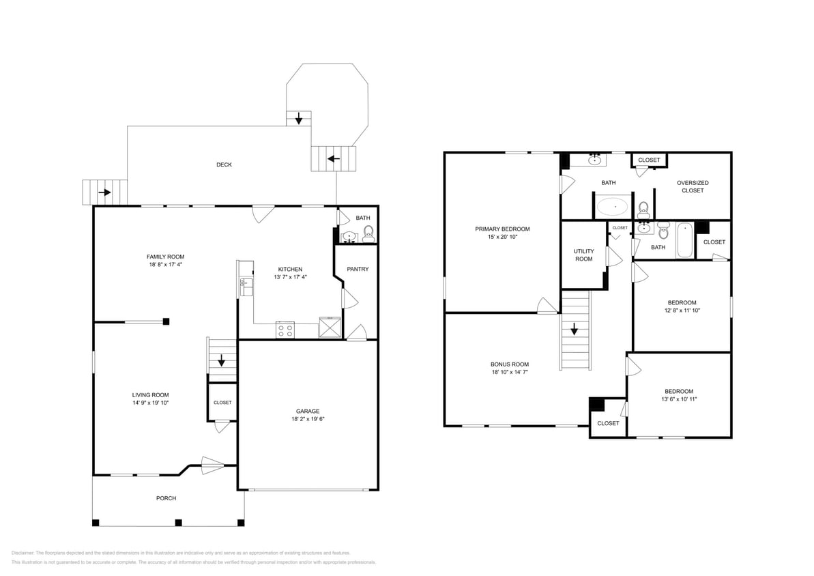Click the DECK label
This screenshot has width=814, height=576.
click(224, 164)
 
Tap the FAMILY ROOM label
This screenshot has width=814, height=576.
click(165, 257)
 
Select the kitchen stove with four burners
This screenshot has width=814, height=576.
click(285, 330)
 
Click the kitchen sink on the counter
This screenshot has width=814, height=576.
click(246, 287)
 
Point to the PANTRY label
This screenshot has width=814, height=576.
click(358, 269)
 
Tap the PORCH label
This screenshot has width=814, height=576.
click(166, 498)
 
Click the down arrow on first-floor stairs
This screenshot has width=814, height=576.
click(221, 360)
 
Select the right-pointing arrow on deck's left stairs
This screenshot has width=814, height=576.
click(104, 192)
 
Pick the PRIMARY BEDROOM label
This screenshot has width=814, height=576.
click(502, 229)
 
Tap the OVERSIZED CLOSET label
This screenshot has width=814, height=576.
click(693, 186)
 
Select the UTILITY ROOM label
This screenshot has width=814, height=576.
click(583, 255)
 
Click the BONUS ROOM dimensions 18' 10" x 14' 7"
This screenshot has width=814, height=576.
click(509, 372)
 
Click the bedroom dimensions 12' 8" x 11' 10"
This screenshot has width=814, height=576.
click(682, 311)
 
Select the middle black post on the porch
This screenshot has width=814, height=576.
click(178, 523)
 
